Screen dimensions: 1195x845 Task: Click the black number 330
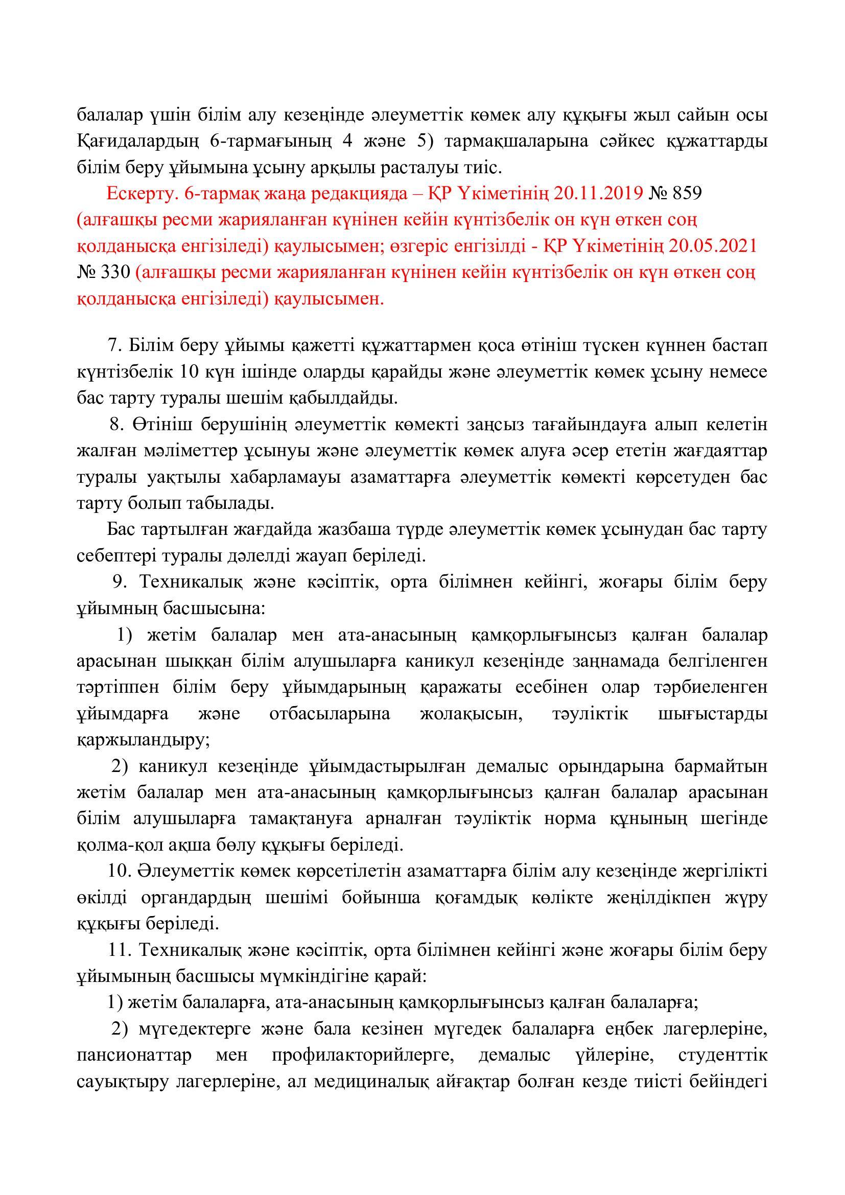tap(114, 273)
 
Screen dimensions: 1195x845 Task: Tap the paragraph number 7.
tap(113, 345)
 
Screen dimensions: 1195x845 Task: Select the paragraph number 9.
tap(120, 582)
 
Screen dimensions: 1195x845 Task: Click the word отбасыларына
tap(330, 714)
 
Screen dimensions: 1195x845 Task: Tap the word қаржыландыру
tap(142, 740)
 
